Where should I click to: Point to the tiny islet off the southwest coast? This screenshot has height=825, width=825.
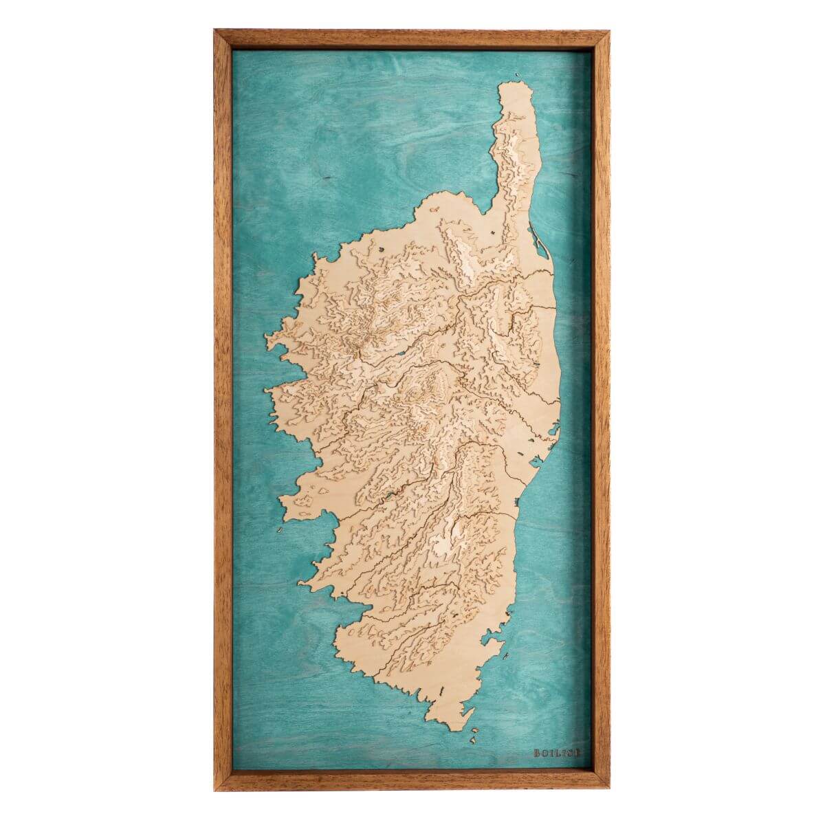(279, 531)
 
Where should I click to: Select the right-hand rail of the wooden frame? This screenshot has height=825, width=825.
(599, 412)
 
